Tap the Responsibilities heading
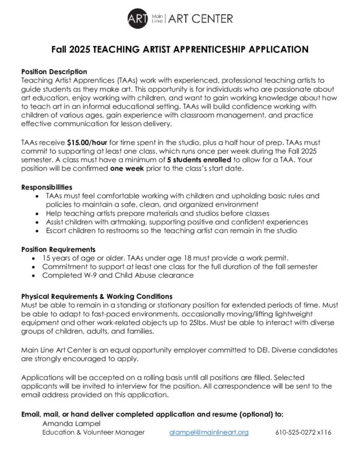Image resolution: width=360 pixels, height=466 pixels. [x=47, y=188]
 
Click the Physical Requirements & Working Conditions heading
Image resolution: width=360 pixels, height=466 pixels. [x=96, y=296]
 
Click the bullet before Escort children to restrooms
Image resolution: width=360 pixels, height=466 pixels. [x=38, y=231]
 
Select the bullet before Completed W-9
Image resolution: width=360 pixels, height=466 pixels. [x=38, y=276]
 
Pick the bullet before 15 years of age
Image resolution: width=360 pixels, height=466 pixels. [x=38, y=258]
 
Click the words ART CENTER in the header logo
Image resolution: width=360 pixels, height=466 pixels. [x=201, y=19]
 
